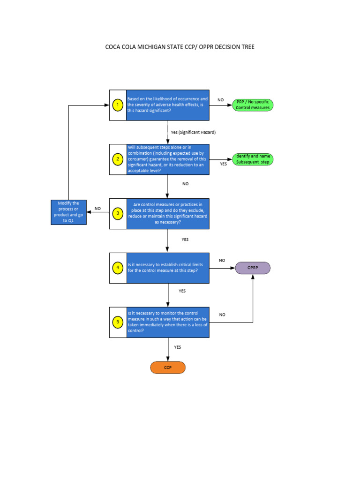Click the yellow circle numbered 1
pyautogui.click(x=118, y=105)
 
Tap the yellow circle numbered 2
pyautogui.click(x=118, y=159)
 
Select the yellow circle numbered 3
pyautogui.click(x=118, y=214)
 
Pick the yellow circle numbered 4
pyautogui.click(x=118, y=268)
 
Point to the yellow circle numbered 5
pyautogui.click(x=118, y=322)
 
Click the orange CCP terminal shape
pyautogui.click(x=168, y=367)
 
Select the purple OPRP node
pyautogui.click(x=253, y=268)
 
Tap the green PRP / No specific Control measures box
pyautogui.click(x=253, y=105)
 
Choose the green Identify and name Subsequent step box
pyautogui.click(x=253, y=159)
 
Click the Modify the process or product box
pyautogui.click(x=68, y=212)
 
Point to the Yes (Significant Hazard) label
pyautogui.click(x=193, y=133)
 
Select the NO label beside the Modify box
pyautogui.click(x=97, y=209)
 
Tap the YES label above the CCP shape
pyautogui.click(x=178, y=347)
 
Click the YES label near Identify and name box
pyautogui.click(x=223, y=164)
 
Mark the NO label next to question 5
pyautogui.click(x=222, y=315)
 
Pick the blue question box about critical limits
pyautogui.click(x=168, y=268)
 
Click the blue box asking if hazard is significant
pyautogui.click(x=168, y=105)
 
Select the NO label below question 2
pyautogui.click(x=186, y=184)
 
